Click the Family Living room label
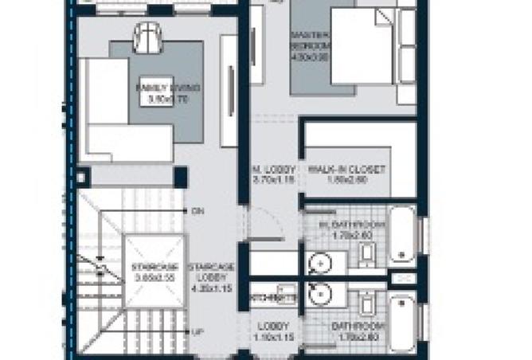pyautogui.click(x=166, y=93)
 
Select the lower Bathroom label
pyautogui.click(x=358, y=332)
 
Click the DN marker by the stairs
pyautogui.click(x=197, y=211)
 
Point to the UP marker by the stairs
pyautogui.click(x=196, y=331)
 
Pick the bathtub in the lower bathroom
pyautogui.click(x=401, y=323)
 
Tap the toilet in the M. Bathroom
pyautogui.click(x=368, y=254)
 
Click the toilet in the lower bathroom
pyautogui.click(x=368, y=302)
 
